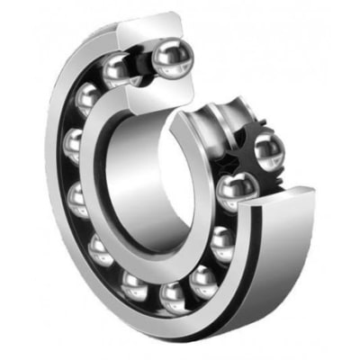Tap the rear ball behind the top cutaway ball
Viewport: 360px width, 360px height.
(120, 68)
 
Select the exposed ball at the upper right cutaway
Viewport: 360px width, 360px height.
(268, 148)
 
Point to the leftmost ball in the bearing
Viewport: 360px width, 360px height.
(74, 144)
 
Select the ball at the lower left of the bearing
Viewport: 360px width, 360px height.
(100, 247)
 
